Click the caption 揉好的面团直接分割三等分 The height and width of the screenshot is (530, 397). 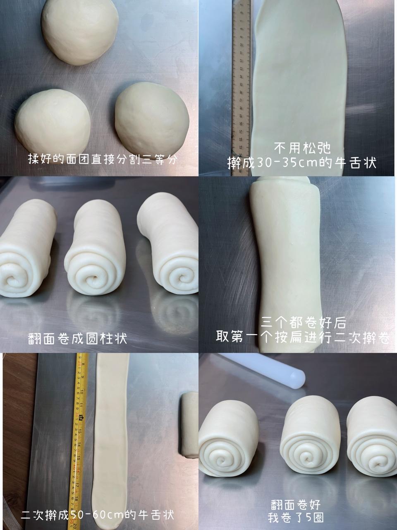pyautogui.click(x=103, y=159)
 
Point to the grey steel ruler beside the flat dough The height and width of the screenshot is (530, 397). pyautogui.click(x=242, y=87)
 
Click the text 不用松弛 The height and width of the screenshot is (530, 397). pyautogui.click(x=302, y=148)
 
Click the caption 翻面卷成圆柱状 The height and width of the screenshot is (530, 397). pyautogui.click(x=77, y=339)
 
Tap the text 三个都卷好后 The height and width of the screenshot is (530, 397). pyautogui.click(x=303, y=322)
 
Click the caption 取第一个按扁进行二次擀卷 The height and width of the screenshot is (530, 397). pyautogui.click(x=303, y=337)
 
